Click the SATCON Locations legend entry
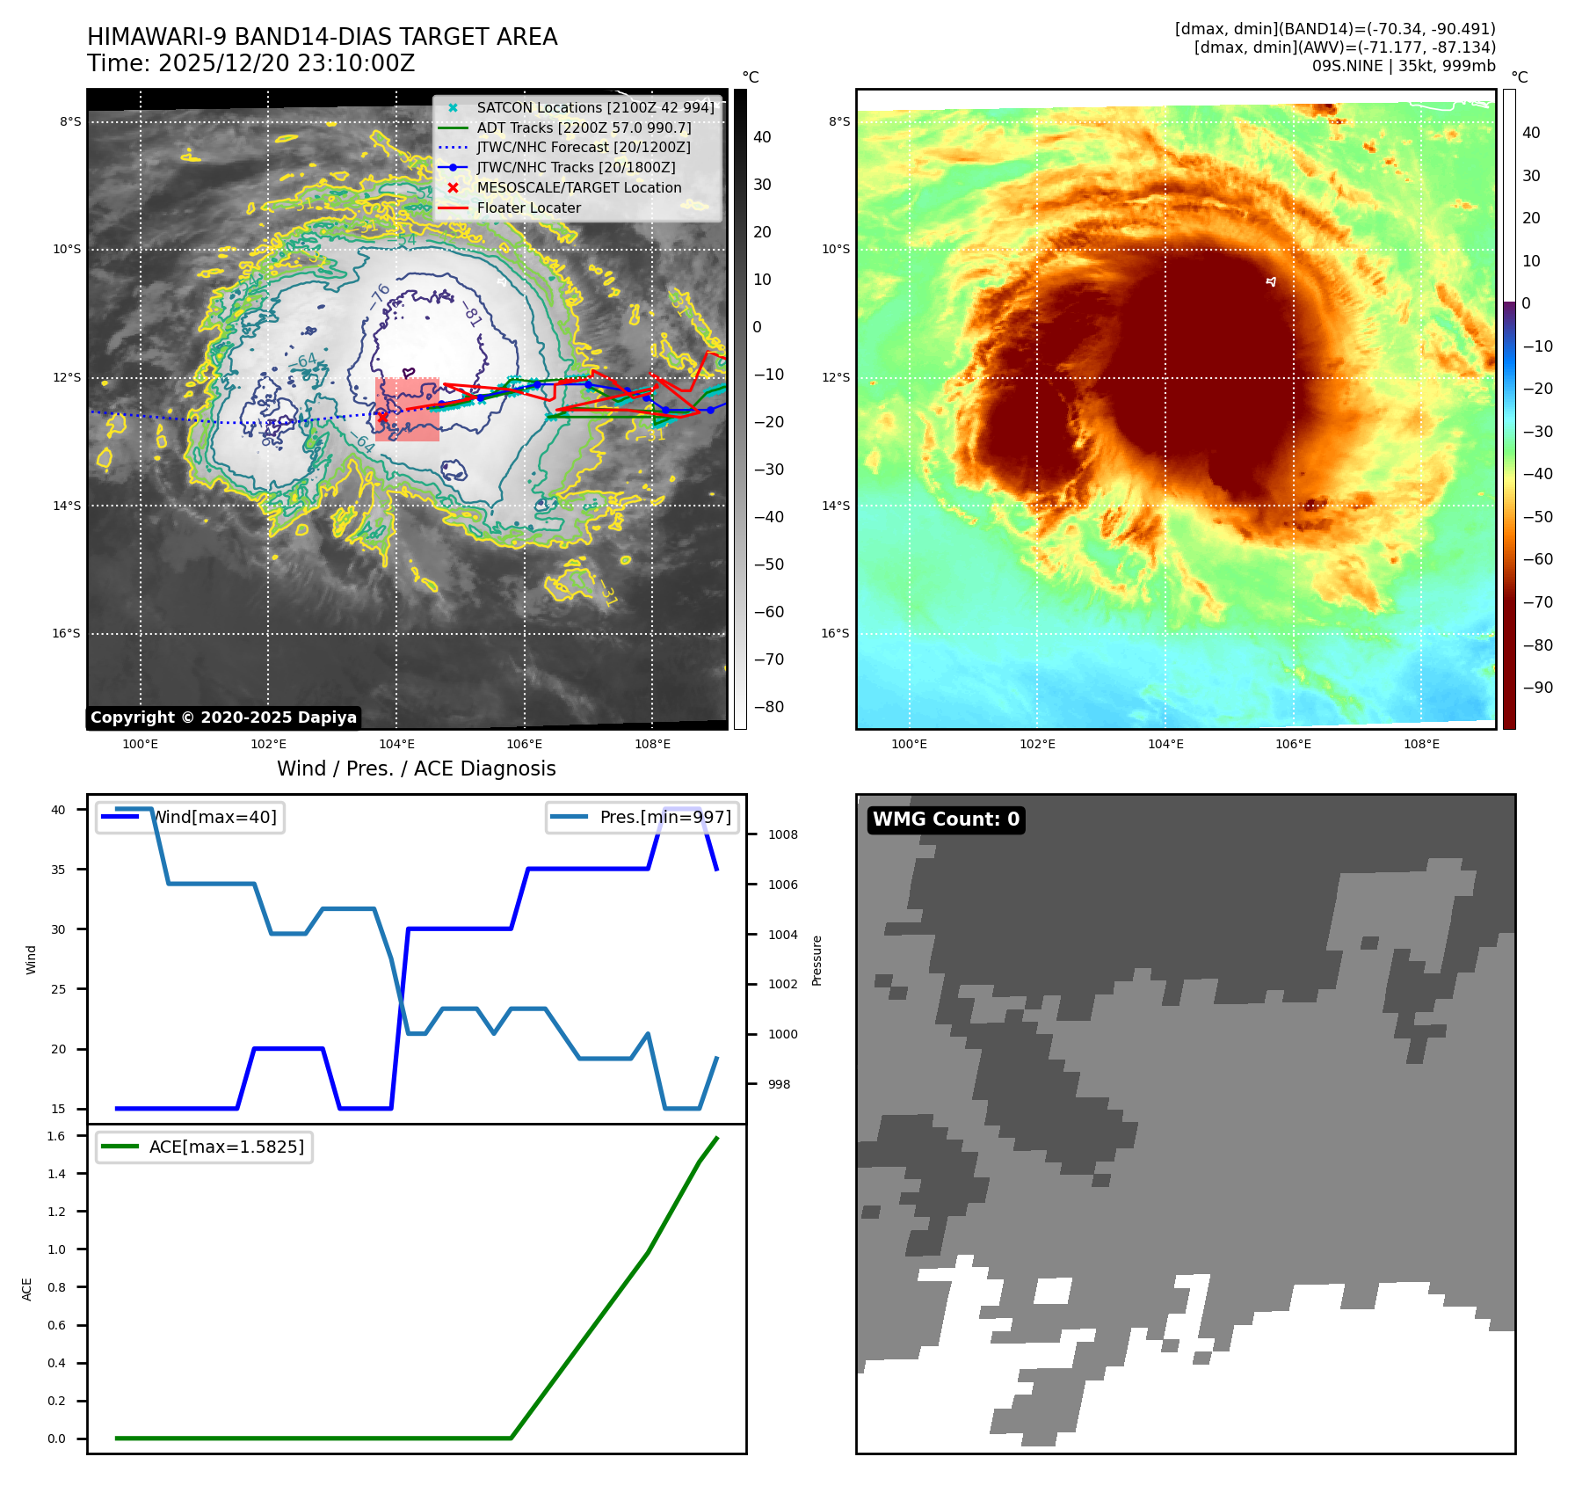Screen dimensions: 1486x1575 click(x=595, y=107)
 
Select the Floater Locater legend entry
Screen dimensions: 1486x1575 click(x=528, y=208)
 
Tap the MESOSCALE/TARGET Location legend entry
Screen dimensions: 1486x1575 click(x=578, y=188)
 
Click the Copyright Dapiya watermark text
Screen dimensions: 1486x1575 click(x=223, y=718)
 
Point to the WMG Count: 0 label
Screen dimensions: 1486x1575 click(x=946, y=819)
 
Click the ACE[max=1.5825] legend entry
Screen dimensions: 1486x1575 click(x=226, y=1147)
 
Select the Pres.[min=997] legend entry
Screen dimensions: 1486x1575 click(x=664, y=818)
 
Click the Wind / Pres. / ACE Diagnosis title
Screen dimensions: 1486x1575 click(x=416, y=769)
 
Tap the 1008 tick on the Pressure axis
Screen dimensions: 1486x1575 click(x=782, y=834)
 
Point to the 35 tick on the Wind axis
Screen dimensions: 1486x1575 click(x=58, y=870)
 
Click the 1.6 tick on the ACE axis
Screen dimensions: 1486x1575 click(x=56, y=1136)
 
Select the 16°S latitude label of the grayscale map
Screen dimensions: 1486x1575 click(x=66, y=634)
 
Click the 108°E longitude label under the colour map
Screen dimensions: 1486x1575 click(x=1421, y=745)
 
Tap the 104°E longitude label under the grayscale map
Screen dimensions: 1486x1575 click(x=396, y=745)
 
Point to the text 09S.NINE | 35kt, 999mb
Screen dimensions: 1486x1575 click(x=1403, y=66)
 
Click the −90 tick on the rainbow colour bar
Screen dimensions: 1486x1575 click(x=1537, y=688)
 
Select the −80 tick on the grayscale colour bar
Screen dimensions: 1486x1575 click(x=768, y=707)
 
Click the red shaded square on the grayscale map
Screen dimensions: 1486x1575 click(x=407, y=410)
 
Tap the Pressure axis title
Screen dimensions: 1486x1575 click(x=817, y=960)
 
